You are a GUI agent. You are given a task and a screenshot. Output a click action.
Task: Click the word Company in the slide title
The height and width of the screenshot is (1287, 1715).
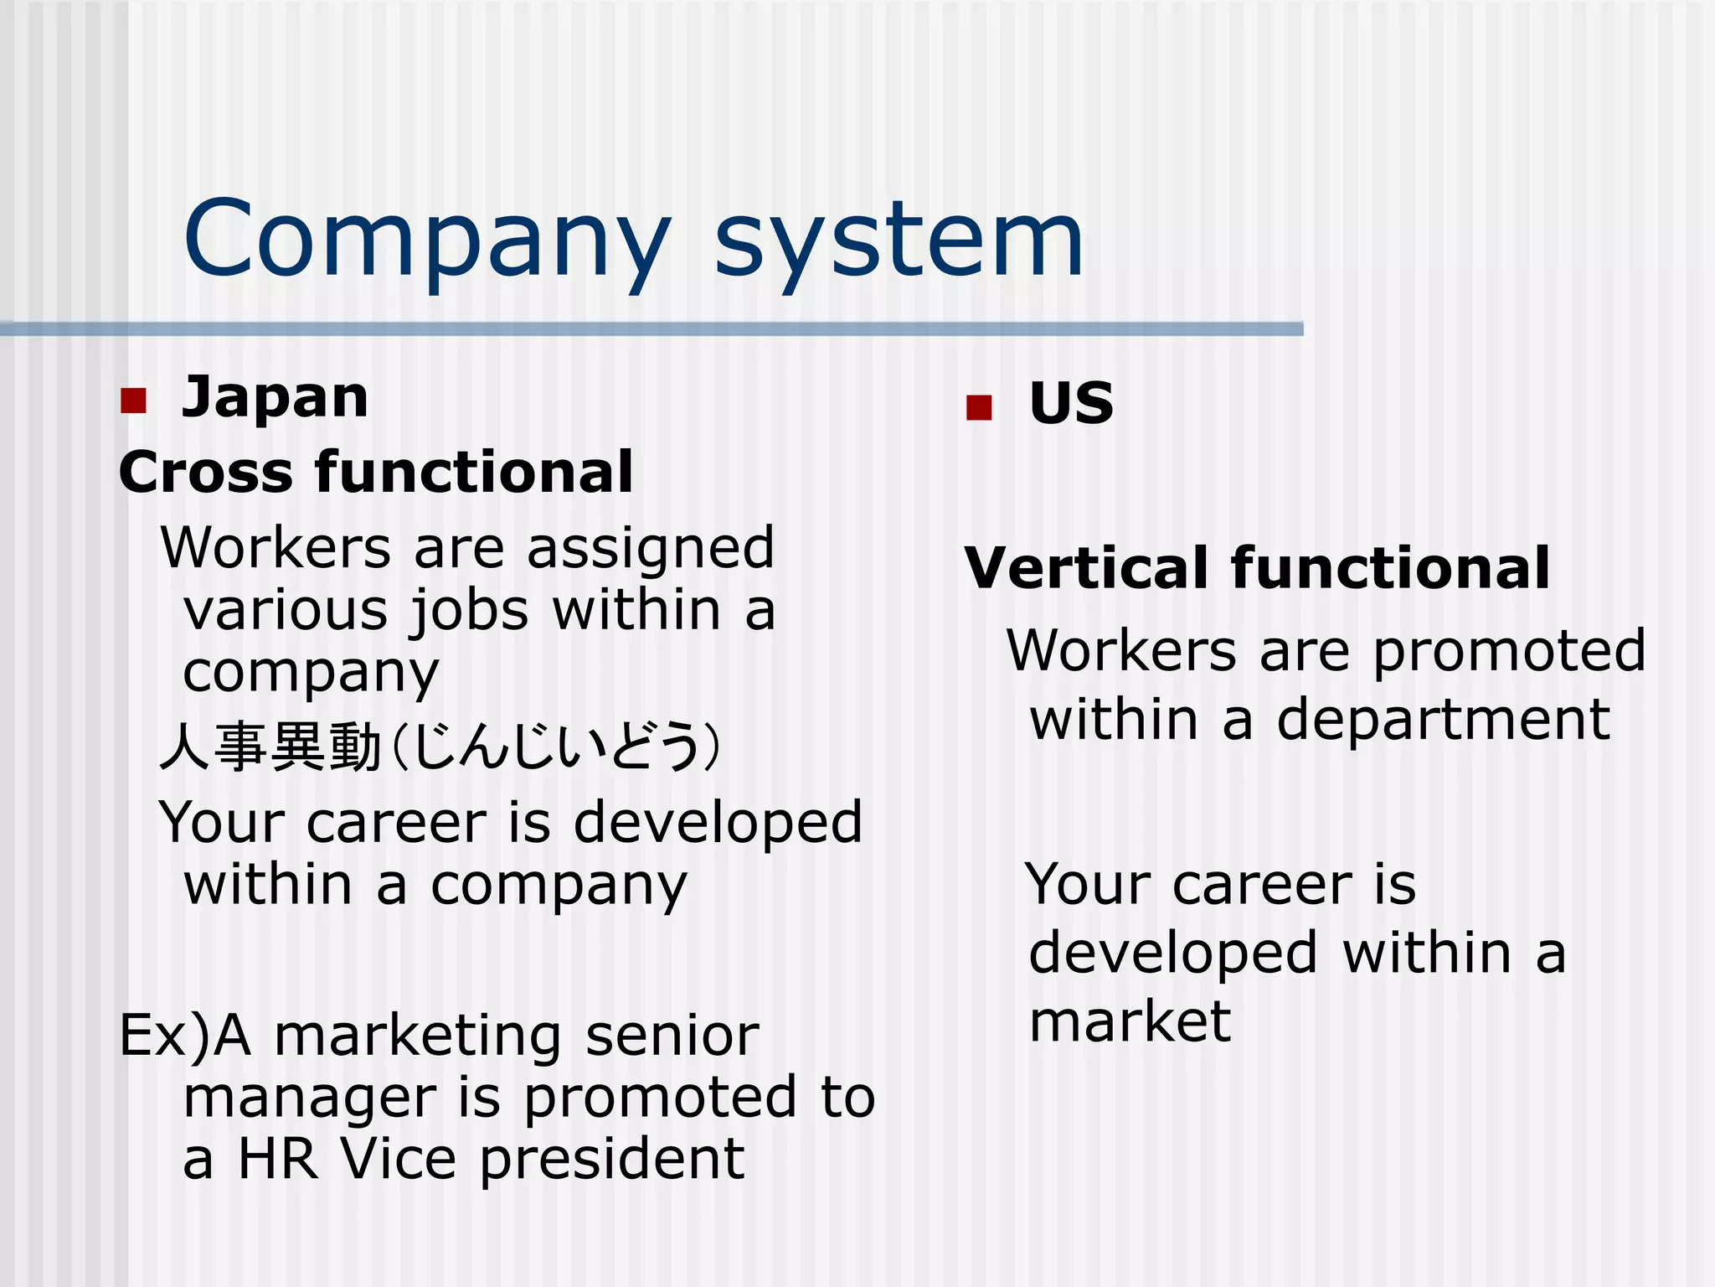click(427, 239)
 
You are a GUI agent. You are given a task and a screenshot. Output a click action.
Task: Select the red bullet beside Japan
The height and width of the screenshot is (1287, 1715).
click(133, 401)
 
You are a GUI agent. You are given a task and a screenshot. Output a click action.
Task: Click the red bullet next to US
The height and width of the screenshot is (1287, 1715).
click(978, 407)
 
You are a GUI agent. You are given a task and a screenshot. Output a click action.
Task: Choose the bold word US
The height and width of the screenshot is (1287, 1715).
click(1071, 403)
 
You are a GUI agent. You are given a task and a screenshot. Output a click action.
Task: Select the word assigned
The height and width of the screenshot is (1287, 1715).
click(651, 548)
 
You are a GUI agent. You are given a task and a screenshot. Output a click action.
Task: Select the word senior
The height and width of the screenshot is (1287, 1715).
click(672, 1036)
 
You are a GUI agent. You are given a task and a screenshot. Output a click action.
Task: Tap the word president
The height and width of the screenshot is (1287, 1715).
click(612, 1160)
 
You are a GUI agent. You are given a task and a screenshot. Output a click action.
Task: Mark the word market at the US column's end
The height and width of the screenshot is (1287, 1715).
click(1130, 1021)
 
